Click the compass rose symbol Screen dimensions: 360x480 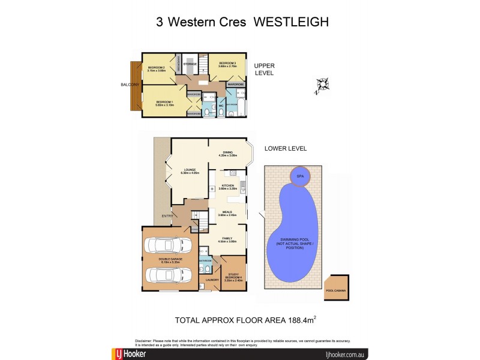pos(322,86)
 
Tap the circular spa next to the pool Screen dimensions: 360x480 pos(300,176)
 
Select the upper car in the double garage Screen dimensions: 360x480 pos(170,246)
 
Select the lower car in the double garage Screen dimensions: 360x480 pos(170,274)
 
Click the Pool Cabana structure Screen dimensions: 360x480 pos(337,288)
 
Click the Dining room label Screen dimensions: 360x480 pos(228,154)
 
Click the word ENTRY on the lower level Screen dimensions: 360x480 pos(166,216)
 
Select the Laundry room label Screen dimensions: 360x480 pos(211,280)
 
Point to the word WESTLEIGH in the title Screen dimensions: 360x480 pos(291,23)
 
